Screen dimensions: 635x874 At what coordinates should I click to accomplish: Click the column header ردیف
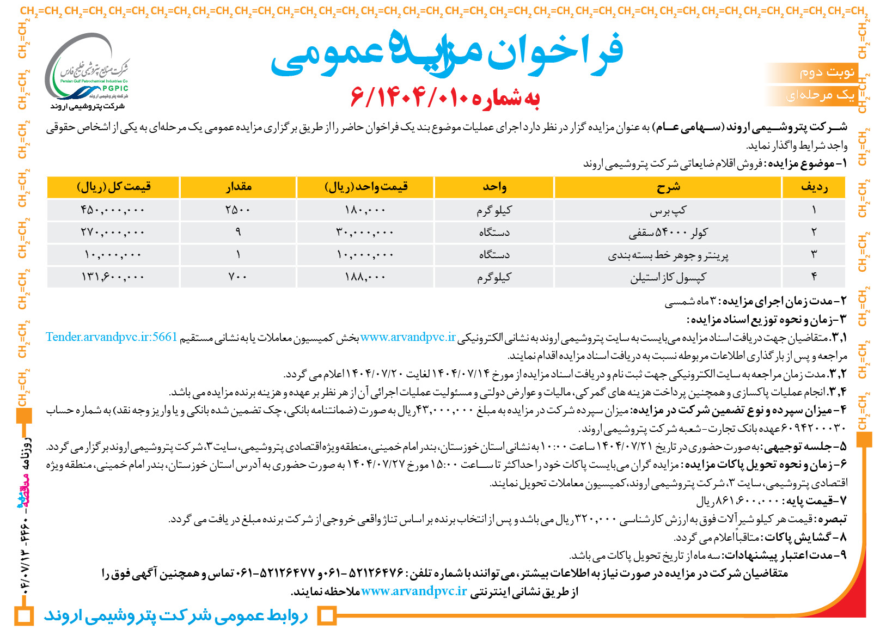tap(814, 187)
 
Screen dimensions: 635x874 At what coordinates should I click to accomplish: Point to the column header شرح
tap(668, 187)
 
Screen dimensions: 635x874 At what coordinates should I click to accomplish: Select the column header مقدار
tap(238, 187)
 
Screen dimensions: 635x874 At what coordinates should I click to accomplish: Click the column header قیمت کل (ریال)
tap(113, 187)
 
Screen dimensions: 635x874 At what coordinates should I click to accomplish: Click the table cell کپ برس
tap(668, 210)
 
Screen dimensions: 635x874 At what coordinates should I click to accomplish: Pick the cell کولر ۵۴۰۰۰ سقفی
tap(668, 233)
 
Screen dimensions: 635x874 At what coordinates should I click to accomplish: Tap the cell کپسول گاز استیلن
tap(668, 277)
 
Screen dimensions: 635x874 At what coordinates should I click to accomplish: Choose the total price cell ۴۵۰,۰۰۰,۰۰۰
tap(113, 210)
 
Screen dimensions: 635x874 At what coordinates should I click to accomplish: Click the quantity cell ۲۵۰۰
tap(238, 210)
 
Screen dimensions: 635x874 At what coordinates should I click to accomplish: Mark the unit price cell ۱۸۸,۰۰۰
tap(365, 277)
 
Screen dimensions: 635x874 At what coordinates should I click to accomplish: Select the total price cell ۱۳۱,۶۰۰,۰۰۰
tap(113, 277)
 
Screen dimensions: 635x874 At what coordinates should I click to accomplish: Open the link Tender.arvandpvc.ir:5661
tap(112, 337)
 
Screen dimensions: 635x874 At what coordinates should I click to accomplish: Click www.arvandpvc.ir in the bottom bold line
tap(414, 591)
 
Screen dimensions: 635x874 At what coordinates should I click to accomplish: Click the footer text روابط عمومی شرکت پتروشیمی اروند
tap(175, 616)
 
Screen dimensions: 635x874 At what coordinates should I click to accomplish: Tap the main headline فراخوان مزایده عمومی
tap(447, 53)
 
